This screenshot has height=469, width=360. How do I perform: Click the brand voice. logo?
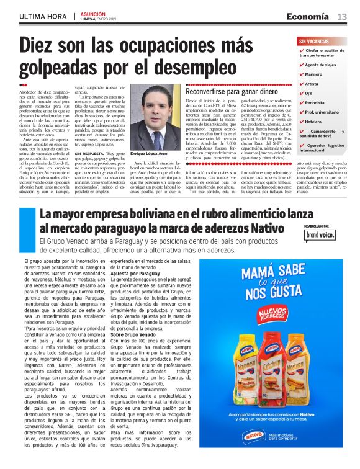(320, 236)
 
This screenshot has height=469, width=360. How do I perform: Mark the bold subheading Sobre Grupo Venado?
(133, 334)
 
